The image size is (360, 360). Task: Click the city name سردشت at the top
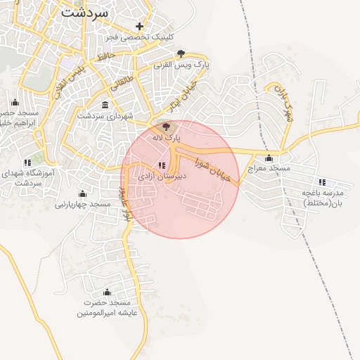click(84, 12)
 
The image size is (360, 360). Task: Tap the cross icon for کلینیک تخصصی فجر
click(140, 26)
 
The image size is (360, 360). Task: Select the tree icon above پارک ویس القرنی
click(181, 53)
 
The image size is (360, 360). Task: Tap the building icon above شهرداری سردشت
click(105, 105)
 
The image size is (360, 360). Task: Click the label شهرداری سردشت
click(105, 116)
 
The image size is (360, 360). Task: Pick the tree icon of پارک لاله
click(166, 127)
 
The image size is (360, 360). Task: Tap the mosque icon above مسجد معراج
click(268, 157)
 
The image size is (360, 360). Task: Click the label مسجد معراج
click(268, 169)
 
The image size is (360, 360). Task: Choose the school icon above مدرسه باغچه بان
click(322, 182)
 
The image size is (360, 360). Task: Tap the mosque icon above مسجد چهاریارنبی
click(82, 193)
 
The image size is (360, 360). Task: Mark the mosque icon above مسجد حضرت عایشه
click(108, 292)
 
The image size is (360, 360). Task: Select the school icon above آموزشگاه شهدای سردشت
click(27, 161)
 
